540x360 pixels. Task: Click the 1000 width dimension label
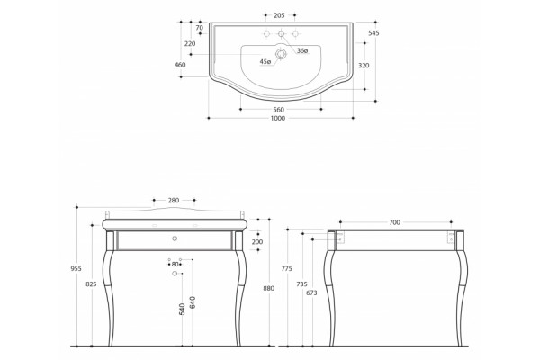[x=278, y=118]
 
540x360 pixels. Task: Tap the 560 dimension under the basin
[x=279, y=110]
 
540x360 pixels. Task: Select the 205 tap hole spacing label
[x=279, y=15]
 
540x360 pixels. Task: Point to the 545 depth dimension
[x=373, y=33]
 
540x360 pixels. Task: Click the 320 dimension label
[x=364, y=66]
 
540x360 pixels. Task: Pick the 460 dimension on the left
[x=180, y=65]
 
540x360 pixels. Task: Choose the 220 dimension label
[x=190, y=44]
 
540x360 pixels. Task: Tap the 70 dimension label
[x=200, y=28]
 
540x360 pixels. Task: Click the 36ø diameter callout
[x=302, y=51]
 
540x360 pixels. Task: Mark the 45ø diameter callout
[x=265, y=62]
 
